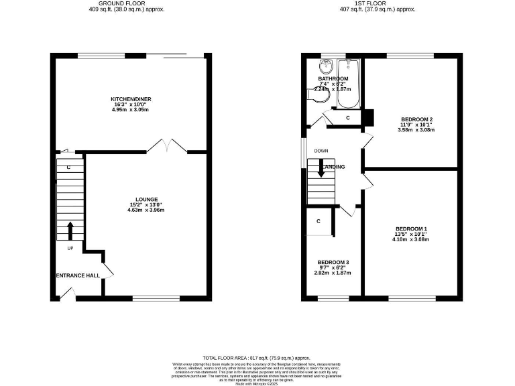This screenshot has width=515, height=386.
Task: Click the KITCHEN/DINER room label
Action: click(131, 99)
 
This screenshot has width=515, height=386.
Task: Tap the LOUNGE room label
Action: click(146, 199)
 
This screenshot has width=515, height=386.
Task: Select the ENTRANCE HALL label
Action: click(78, 275)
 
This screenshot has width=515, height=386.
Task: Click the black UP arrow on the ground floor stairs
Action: click(70, 231)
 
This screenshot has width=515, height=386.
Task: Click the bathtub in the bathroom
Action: click(349, 84)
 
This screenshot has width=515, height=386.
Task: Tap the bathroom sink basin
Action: click(326, 66)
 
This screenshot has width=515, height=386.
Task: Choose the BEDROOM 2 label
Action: click(416, 119)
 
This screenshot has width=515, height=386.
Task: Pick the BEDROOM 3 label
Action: click(333, 262)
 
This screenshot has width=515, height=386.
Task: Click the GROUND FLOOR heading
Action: click(126, 3)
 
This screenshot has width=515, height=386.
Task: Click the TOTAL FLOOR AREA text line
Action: click(257, 359)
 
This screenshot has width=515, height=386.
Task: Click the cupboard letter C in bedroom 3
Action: click(319, 221)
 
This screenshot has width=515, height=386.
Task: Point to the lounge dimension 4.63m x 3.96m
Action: click(146, 210)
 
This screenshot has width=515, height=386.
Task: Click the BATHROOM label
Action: click(333, 79)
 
